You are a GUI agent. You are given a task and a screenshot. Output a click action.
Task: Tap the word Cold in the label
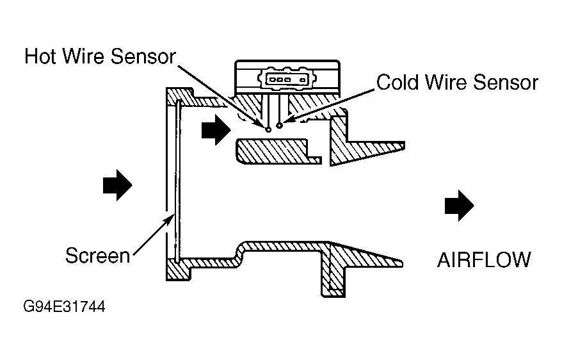click(397, 83)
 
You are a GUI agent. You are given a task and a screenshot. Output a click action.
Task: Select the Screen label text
click(97, 256)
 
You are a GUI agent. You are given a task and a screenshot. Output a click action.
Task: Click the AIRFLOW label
click(484, 260)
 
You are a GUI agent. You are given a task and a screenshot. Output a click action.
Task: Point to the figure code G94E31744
click(64, 307)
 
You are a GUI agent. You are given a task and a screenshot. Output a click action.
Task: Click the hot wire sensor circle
click(268, 129)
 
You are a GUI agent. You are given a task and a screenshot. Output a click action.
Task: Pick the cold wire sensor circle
click(280, 126)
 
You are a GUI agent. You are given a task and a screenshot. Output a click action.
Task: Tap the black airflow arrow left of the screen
click(118, 185)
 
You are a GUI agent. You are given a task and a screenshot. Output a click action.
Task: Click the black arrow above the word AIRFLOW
click(460, 206)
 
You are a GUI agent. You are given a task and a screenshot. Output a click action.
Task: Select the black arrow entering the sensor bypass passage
click(216, 130)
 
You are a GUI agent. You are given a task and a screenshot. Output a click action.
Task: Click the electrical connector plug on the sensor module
click(287, 79)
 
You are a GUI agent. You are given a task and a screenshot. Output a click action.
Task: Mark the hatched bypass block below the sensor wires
click(278, 151)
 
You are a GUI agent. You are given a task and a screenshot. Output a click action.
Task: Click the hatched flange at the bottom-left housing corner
click(178, 270)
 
